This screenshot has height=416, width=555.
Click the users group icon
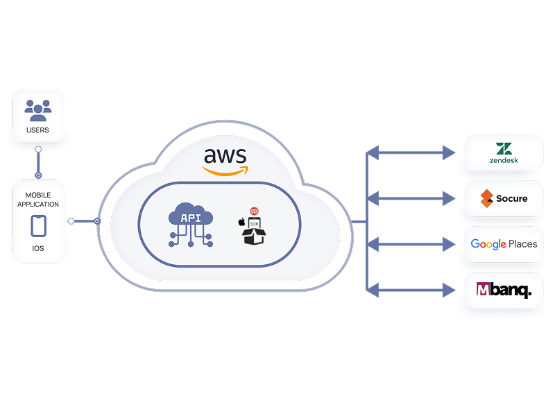pyautogui.click(x=38, y=110)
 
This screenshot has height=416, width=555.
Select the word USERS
pyautogui.click(x=38, y=130)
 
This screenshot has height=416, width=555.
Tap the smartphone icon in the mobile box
pyautogui.click(x=38, y=225)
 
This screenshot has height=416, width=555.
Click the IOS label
pyautogui.click(x=38, y=247)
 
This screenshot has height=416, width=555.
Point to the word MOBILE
pyautogui.click(x=38, y=196)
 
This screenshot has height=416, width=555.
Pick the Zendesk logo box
pyautogui.click(x=504, y=153)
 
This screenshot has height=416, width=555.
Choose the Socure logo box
pyautogui.click(x=504, y=198)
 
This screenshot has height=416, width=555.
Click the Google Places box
pyautogui.click(x=504, y=244)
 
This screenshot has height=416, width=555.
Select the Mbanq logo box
pyautogui.click(x=504, y=290)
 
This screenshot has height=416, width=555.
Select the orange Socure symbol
pyautogui.click(x=486, y=198)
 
